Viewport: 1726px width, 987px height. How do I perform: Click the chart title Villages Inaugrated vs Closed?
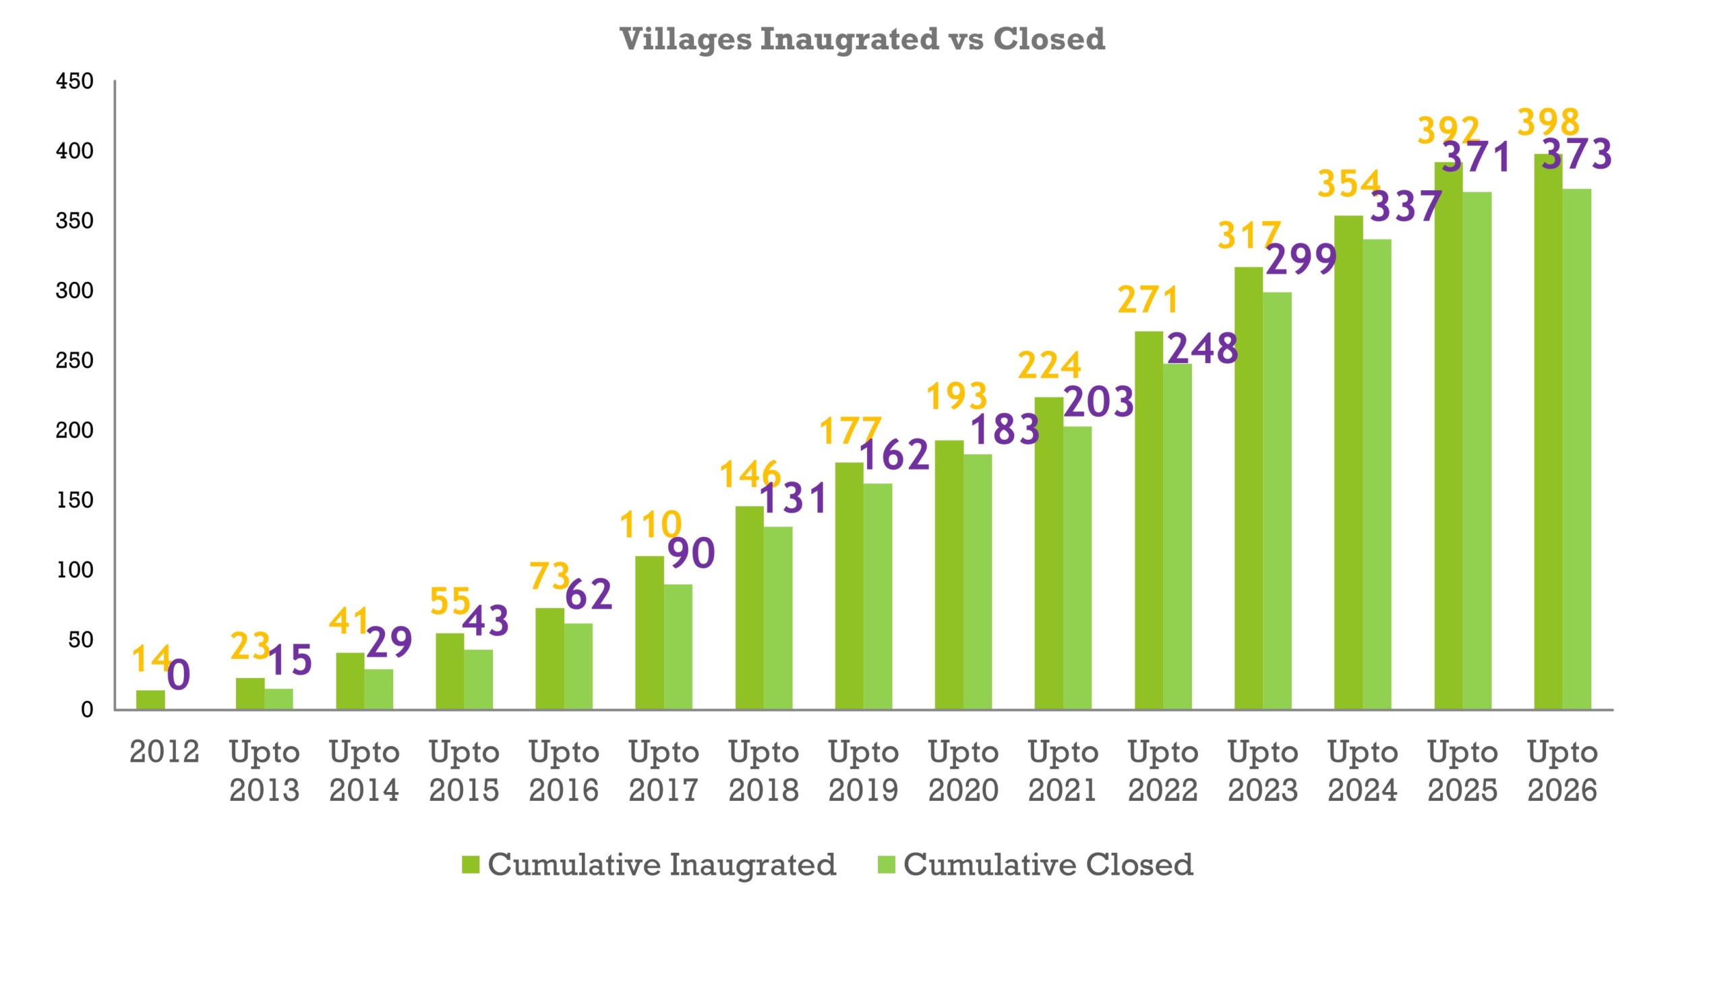pos(862,38)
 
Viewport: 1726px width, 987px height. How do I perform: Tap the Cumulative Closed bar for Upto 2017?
pos(678,647)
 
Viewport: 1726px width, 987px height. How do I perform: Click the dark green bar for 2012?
pos(150,700)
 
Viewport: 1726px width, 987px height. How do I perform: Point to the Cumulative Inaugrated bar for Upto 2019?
pos(849,586)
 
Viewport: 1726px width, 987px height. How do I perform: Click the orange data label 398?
pos(1549,123)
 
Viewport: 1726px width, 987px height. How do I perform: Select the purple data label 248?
pos(1202,349)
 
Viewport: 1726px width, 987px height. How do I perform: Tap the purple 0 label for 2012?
pos(179,675)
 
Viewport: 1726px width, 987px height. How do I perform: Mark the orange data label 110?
pos(651,525)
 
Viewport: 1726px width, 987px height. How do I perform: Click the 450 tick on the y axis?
pos(75,82)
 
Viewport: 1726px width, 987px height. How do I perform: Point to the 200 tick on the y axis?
pos(75,430)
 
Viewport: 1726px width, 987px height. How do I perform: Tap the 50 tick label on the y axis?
pos(80,640)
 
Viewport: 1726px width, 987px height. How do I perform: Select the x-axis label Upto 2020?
pos(963,770)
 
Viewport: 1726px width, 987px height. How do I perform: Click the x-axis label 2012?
pos(165,752)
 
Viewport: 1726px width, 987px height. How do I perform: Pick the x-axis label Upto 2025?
pos(1462,770)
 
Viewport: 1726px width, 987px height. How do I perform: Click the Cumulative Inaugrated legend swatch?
pos(470,864)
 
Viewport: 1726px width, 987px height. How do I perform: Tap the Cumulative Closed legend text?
pos(1048,864)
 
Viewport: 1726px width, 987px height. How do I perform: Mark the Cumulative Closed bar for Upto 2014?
pos(379,689)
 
